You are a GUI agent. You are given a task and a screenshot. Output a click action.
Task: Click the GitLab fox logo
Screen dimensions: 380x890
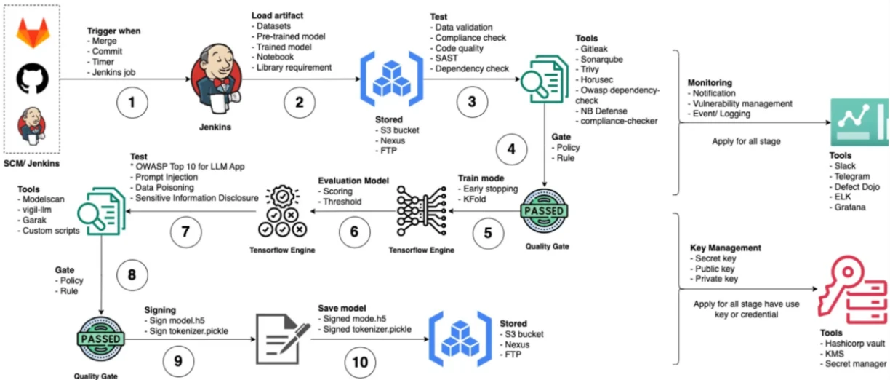[33, 33]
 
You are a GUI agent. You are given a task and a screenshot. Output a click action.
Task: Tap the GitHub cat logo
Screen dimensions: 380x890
[33, 77]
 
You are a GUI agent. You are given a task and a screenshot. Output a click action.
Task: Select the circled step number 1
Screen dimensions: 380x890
[132, 102]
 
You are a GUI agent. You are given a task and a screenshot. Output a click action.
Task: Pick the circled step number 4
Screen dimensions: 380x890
[512, 150]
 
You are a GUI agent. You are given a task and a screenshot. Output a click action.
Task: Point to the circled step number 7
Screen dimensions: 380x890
[186, 232]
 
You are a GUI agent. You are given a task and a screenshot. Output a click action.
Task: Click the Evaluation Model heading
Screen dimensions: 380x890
[354, 181]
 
